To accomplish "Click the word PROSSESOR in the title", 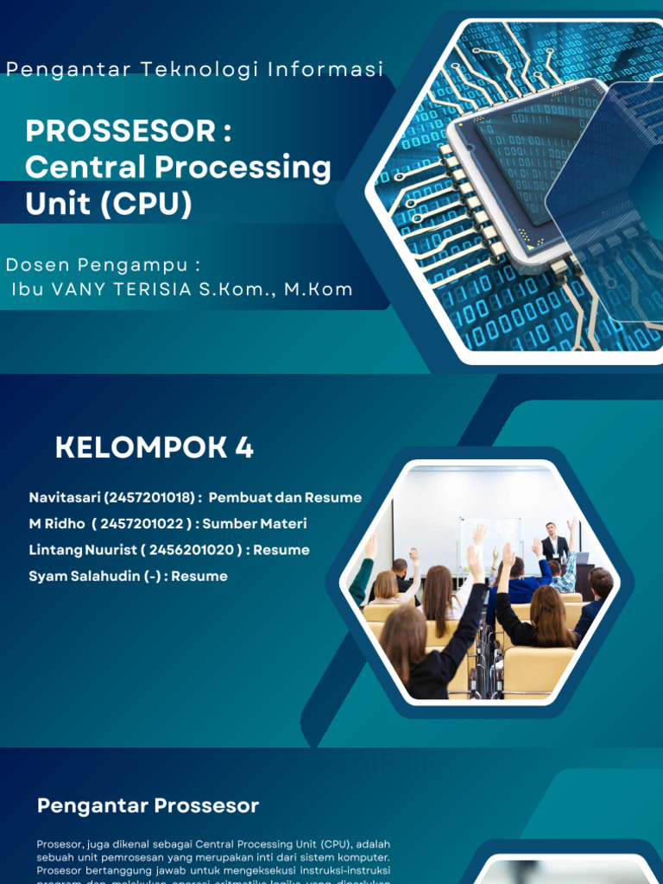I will (120, 131).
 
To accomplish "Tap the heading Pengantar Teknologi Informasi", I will (194, 70).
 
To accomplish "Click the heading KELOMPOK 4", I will (155, 448).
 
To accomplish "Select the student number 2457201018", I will (152, 498).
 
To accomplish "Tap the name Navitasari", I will (66, 498).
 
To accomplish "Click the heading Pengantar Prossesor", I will (148, 806).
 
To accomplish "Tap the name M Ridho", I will (57, 524).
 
